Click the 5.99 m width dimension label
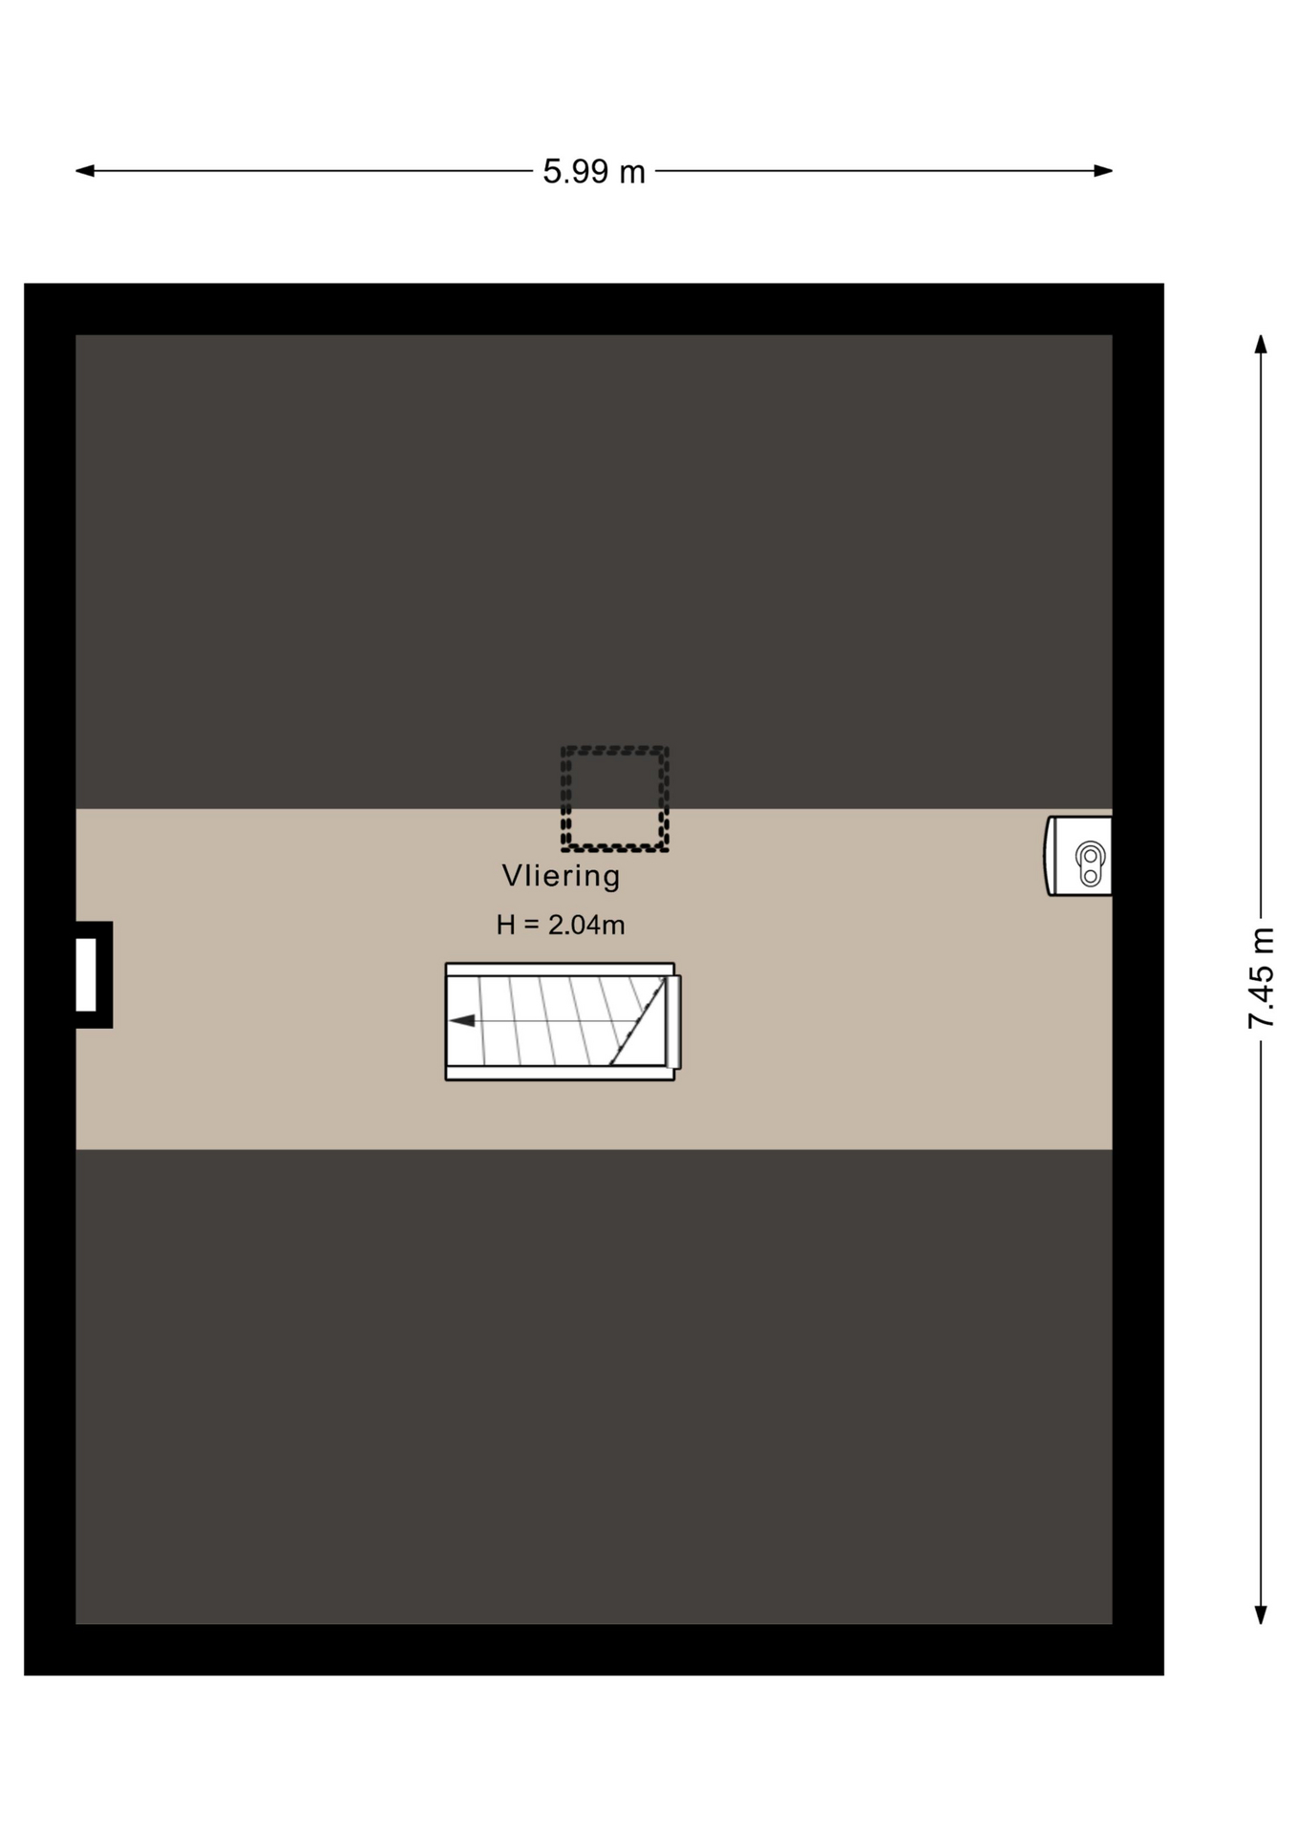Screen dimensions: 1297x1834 (594, 172)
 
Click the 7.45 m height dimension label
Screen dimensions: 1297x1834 (1262, 977)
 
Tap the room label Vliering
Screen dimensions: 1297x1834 (562, 876)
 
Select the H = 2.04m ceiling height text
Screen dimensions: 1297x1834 (561, 925)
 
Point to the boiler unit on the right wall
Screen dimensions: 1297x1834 (1078, 856)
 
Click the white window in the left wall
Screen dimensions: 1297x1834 (86, 974)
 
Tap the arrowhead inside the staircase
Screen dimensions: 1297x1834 (462, 1021)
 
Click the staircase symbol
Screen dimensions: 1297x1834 (563, 1021)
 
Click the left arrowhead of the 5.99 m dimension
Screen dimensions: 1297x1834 (85, 171)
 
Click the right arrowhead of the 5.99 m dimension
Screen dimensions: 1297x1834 (1103, 171)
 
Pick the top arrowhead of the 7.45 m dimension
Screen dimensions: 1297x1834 (1261, 345)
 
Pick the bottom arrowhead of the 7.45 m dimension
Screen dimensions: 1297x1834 (1261, 1613)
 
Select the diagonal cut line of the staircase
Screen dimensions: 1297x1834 (637, 1021)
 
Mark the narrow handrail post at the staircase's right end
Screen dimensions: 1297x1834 (673, 1022)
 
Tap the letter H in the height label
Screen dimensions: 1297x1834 (505, 925)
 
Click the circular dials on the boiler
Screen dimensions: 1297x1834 (1090, 864)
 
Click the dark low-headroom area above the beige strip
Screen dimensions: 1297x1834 (594, 571)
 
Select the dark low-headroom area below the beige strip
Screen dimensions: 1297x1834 (594, 1386)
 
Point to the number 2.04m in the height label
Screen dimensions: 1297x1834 (586, 925)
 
